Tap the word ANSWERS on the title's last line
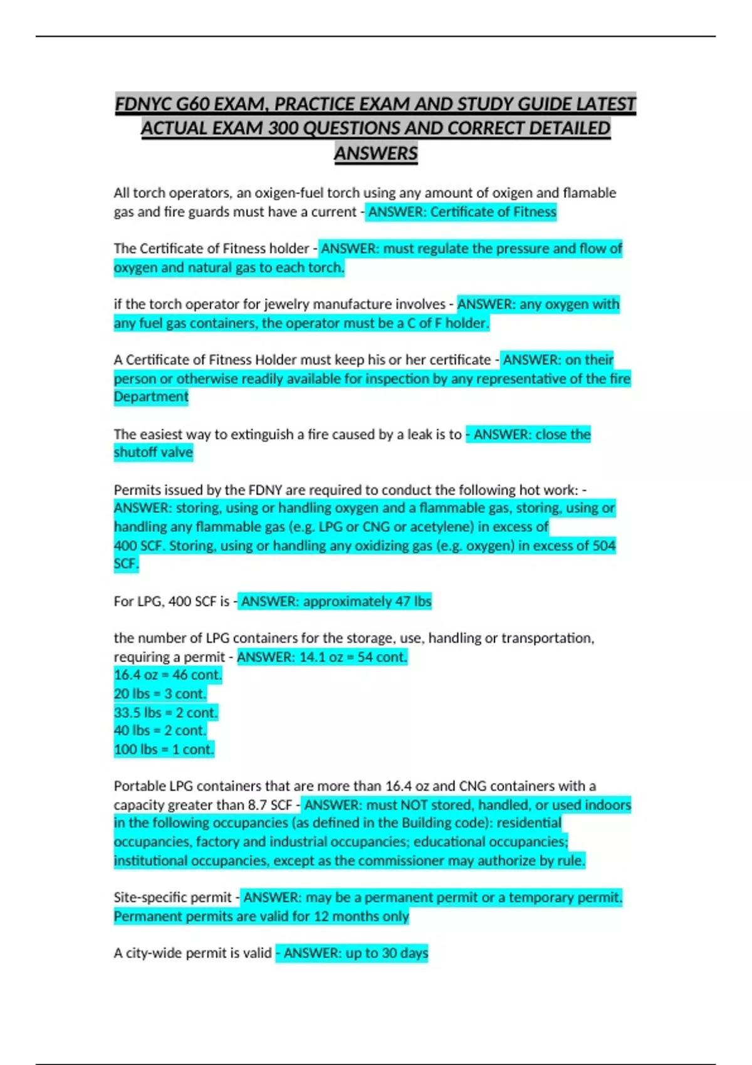375,153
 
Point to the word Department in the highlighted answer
151,397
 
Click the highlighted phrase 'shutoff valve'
154,452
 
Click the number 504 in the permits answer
603,546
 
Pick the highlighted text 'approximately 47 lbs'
367,601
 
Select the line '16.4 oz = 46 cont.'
167,675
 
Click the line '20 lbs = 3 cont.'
160,694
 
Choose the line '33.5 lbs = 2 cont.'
165,713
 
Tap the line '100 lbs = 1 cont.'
164,749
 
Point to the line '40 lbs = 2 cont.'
160,730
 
